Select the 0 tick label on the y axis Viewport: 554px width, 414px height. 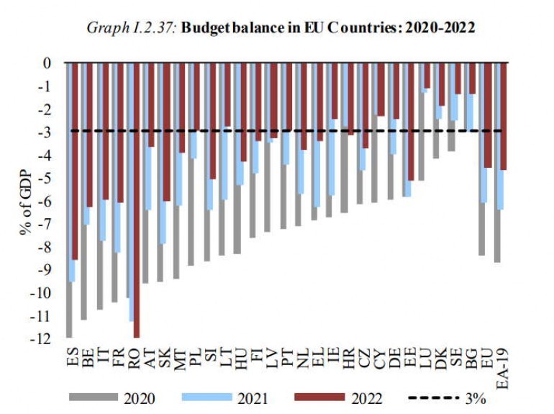click(x=47, y=63)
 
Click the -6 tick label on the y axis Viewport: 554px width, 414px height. click(x=45, y=201)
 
